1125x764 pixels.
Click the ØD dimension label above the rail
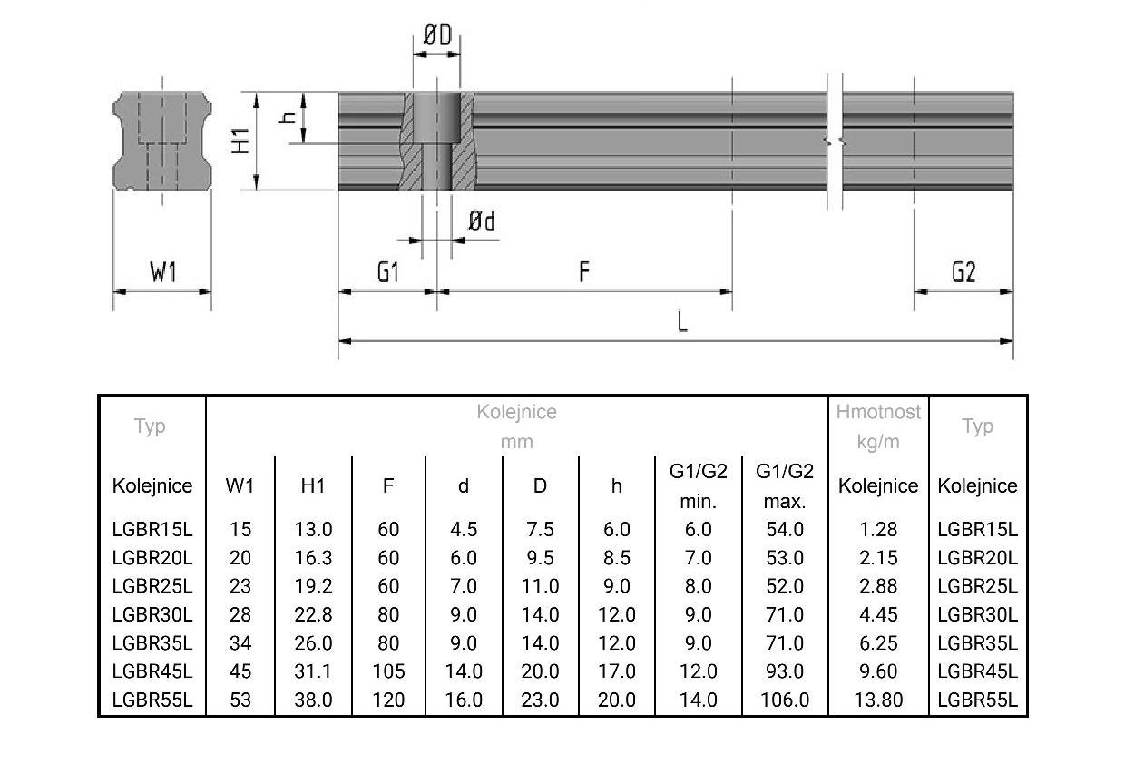tap(437, 35)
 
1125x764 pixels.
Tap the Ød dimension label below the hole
tap(483, 221)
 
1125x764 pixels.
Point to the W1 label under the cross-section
tap(162, 271)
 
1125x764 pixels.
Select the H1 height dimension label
tap(240, 141)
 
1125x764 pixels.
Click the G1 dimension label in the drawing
tap(388, 271)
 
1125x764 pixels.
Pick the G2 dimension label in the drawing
tap(964, 271)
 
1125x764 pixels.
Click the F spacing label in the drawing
tap(584, 271)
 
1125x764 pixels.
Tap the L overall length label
tap(682, 321)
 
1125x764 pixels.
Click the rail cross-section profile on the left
tap(162, 141)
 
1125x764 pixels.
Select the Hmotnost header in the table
tap(878, 412)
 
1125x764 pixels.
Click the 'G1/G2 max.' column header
tap(785, 485)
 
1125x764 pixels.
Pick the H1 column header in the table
tap(312, 486)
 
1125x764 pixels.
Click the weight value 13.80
tap(878, 700)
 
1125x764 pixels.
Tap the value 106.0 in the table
tap(785, 700)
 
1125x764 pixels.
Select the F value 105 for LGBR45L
tap(388, 671)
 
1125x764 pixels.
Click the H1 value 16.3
tap(313, 557)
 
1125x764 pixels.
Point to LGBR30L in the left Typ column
tap(152, 614)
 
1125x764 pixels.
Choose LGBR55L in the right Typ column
tap(977, 700)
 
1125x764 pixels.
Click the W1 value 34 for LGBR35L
tap(240, 643)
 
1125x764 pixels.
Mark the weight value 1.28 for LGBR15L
tap(878, 529)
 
